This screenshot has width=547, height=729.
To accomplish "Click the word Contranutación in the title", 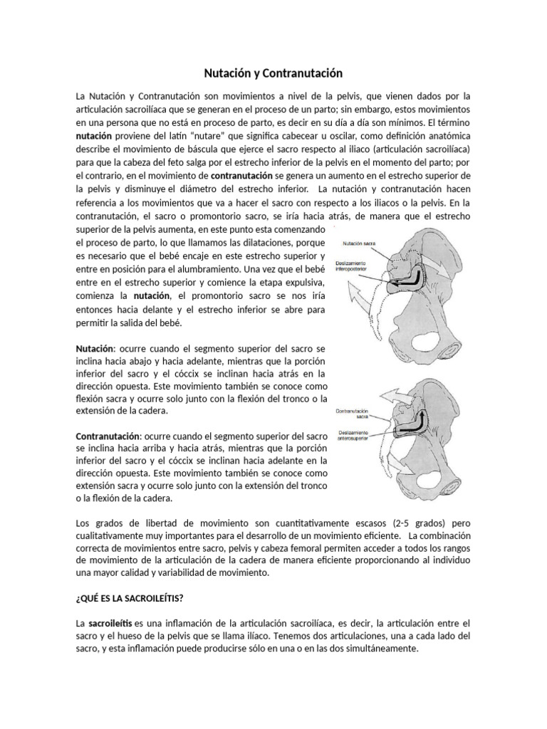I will [x=303, y=73].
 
